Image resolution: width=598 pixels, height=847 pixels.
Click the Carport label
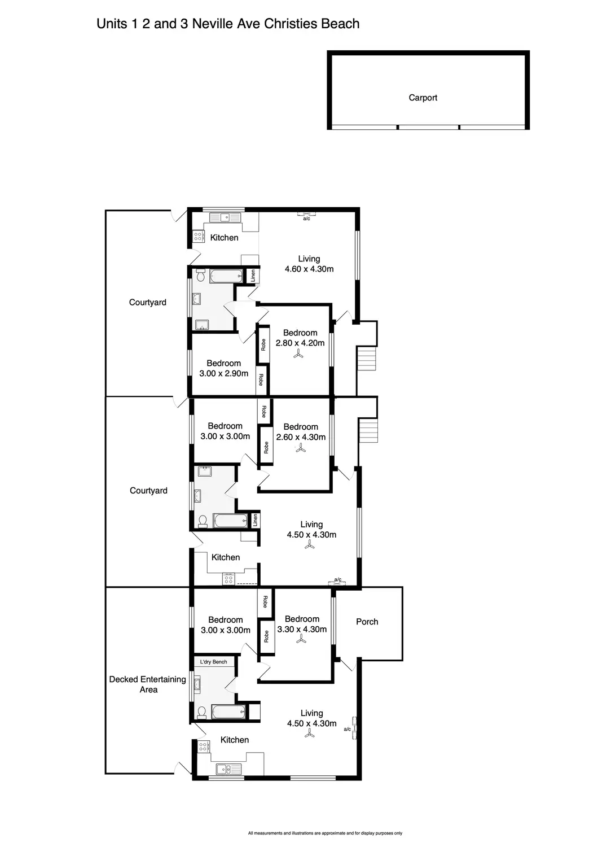423,98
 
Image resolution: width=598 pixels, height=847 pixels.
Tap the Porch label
367,622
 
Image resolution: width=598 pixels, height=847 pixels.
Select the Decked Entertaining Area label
148,684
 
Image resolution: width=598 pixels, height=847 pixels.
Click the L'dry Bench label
213,662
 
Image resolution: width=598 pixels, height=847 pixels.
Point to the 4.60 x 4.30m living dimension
309,269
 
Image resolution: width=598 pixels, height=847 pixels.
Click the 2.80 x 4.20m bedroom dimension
300,343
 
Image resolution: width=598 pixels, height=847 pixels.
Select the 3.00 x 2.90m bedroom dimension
223,374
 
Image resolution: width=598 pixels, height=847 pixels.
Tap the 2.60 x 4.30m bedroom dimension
301,437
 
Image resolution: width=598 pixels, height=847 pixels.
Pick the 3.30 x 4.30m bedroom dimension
302,629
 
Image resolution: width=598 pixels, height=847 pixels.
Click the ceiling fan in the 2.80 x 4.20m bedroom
298,354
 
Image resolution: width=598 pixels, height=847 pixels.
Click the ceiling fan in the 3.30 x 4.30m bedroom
301,639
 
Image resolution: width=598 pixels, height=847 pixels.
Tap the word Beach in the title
340,24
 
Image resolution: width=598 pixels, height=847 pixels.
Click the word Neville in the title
213,24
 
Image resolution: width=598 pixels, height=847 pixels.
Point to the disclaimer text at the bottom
325,833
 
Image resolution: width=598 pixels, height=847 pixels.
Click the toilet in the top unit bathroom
201,275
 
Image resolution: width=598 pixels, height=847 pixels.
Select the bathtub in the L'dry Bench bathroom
228,713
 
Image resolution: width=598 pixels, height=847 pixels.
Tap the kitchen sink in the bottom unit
228,770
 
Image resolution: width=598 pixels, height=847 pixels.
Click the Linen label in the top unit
253,276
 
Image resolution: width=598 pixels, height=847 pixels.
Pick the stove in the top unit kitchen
197,237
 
